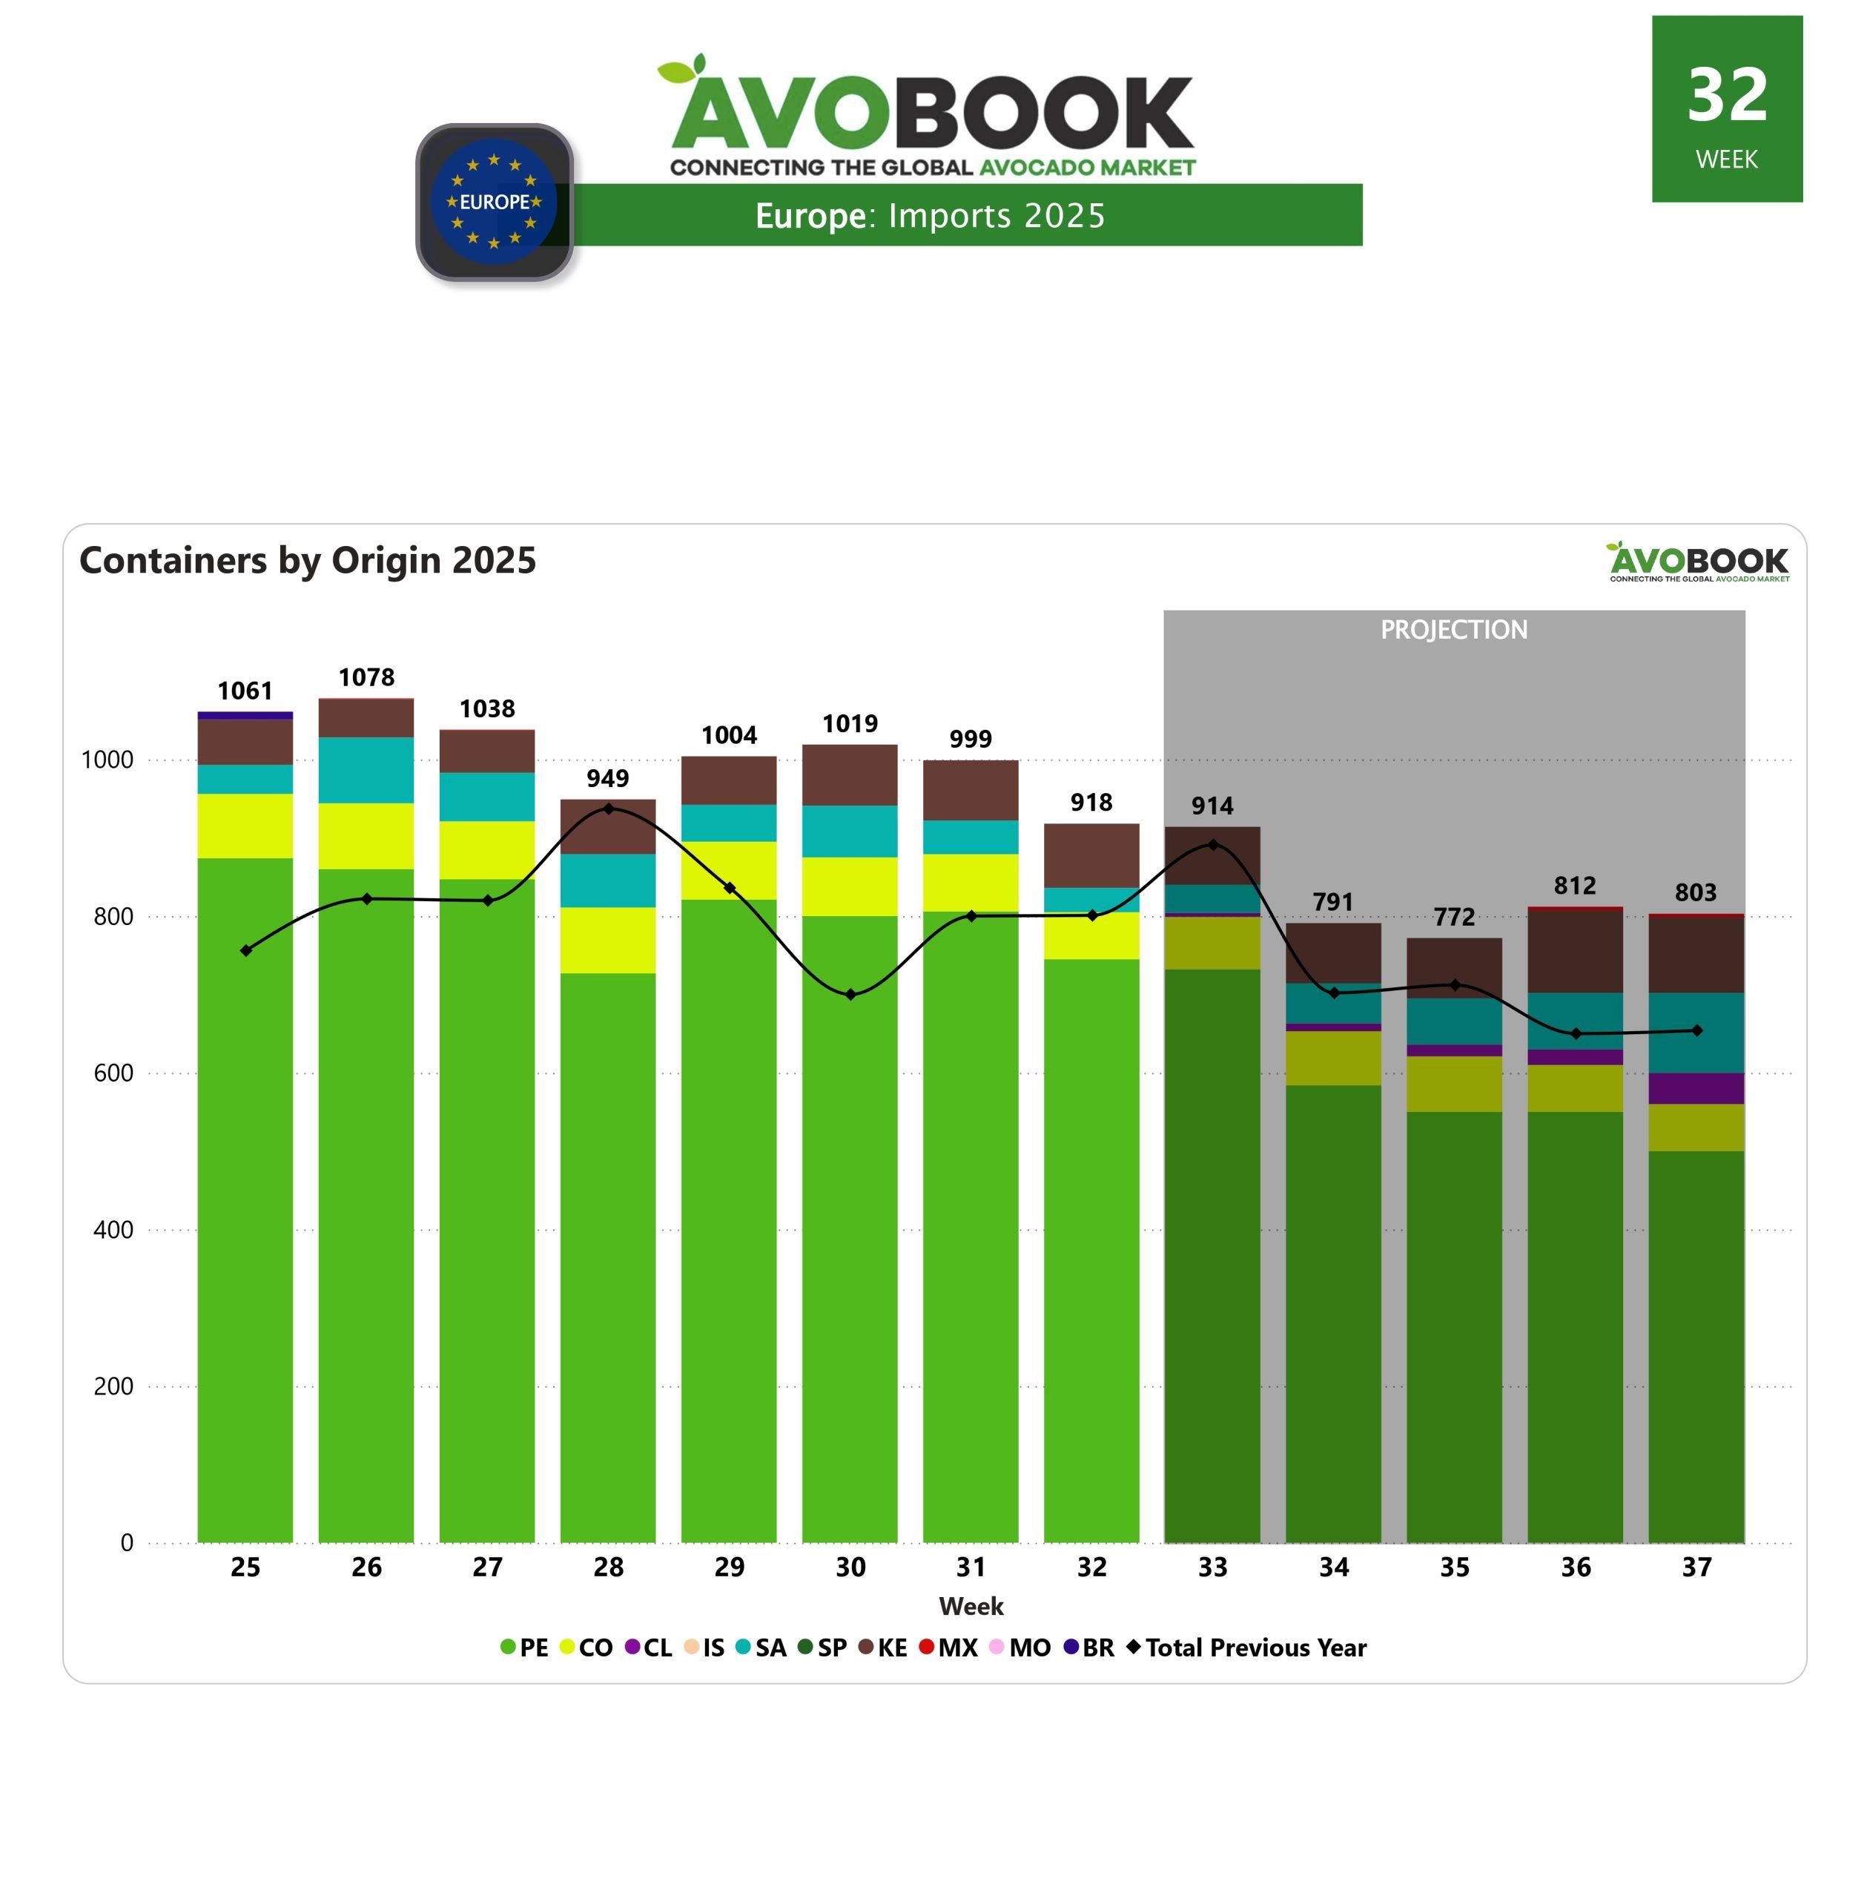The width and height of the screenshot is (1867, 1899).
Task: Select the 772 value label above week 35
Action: (1453, 916)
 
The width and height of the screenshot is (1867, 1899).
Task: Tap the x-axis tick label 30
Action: (850, 1567)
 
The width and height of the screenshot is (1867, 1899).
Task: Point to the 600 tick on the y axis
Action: (113, 1073)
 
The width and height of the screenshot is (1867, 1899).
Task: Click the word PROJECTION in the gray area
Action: (1453, 629)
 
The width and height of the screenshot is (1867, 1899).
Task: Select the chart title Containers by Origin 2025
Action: (308, 560)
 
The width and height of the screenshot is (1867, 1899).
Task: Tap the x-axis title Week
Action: (971, 1606)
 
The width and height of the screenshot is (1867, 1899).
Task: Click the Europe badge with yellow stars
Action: (495, 202)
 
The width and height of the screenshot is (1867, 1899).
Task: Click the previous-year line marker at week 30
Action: (850, 995)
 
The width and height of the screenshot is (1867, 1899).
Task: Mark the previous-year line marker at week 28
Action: (608, 809)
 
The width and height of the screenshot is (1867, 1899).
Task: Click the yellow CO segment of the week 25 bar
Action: (245, 825)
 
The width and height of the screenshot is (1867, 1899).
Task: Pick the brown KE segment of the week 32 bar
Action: (1091, 855)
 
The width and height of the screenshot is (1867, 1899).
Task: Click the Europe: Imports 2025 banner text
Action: (930, 215)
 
